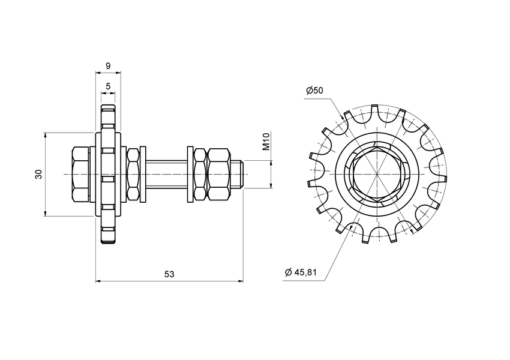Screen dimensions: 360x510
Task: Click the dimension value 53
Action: (x=169, y=274)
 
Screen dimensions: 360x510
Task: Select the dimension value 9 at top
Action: (x=108, y=65)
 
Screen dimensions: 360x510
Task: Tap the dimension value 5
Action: (x=108, y=86)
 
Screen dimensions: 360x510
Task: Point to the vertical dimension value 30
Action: (x=38, y=174)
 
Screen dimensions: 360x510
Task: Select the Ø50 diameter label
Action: (x=314, y=91)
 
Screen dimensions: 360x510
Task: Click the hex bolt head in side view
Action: (x=80, y=174)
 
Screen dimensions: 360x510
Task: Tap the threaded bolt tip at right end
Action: (x=238, y=174)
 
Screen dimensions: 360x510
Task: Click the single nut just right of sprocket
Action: (x=133, y=174)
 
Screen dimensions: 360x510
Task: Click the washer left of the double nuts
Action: (x=190, y=174)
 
